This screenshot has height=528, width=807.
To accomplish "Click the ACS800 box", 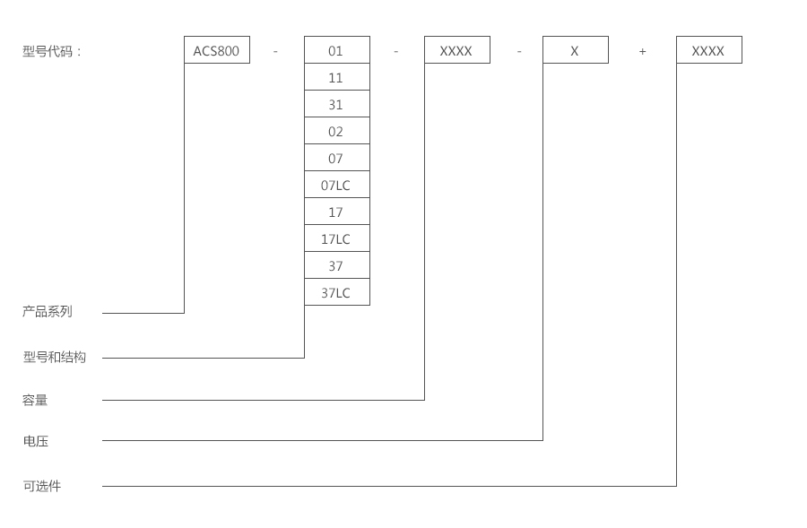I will [x=216, y=50].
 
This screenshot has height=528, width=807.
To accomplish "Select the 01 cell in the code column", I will [x=336, y=50].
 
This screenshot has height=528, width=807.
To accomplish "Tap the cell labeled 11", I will [x=336, y=77].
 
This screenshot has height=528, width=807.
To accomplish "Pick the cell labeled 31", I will [x=336, y=104].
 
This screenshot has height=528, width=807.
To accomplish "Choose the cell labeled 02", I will [x=336, y=131].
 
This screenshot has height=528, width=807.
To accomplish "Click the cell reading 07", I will [x=336, y=158].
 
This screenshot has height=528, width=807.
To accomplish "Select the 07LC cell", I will [x=336, y=185].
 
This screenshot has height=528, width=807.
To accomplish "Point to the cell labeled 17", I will [x=336, y=212].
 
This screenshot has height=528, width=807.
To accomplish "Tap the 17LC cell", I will [x=336, y=238].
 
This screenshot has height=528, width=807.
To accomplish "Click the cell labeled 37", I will [x=336, y=265].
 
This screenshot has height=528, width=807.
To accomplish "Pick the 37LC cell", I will [x=336, y=292].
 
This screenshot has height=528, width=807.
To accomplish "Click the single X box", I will [x=575, y=50].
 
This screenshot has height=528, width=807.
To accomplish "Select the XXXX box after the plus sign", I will [x=708, y=50].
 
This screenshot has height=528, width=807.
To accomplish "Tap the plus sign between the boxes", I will [x=642, y=51].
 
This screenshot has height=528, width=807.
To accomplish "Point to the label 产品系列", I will [x=48, y=311].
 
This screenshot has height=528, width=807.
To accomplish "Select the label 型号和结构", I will [x=55, y=357].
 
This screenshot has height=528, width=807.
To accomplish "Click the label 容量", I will [x=35, y=400].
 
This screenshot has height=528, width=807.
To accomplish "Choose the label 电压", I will [x=35, y=441].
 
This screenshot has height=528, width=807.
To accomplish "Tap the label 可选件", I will [x=41, y=486].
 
